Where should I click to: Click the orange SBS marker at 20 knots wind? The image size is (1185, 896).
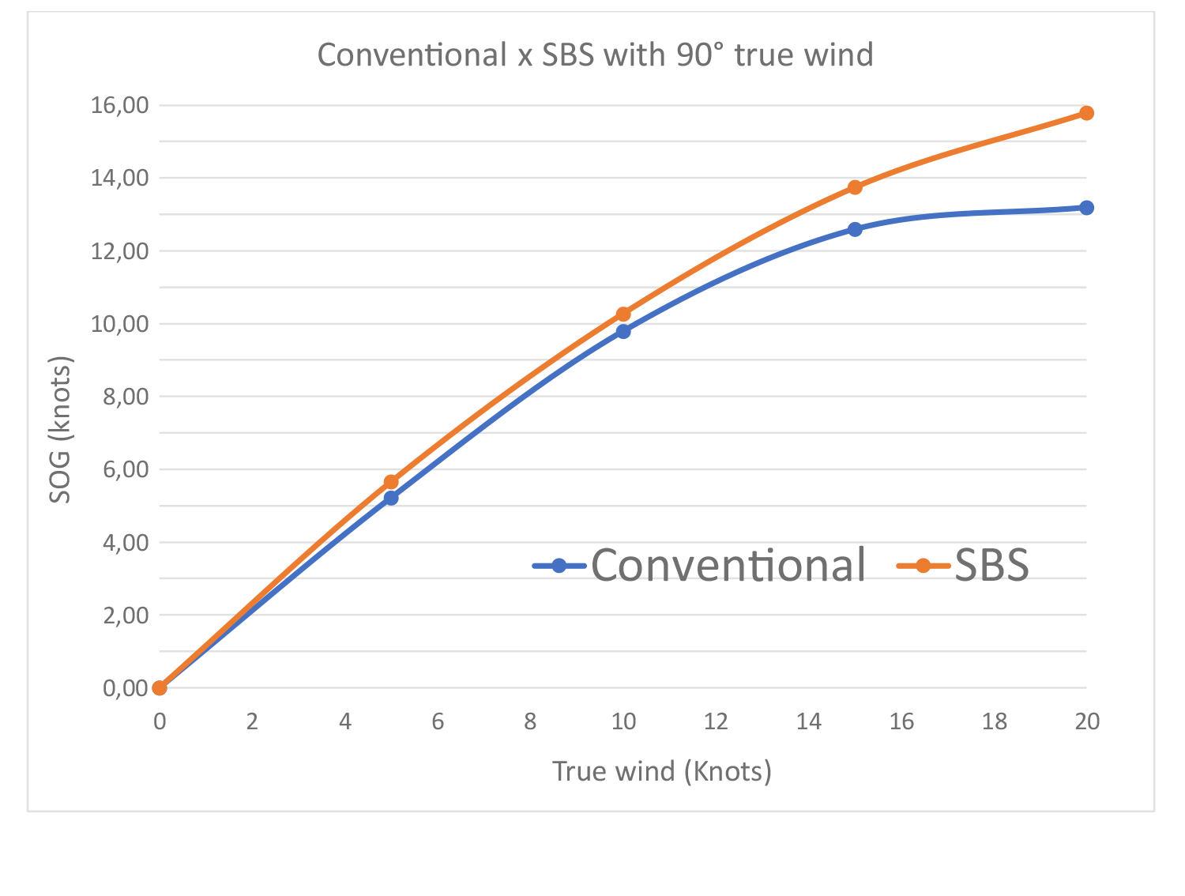click(x=1086, y=113)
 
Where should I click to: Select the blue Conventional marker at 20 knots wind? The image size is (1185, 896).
click(x=1086, y=208)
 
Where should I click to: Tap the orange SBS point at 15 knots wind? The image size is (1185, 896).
click(x=855, y=187)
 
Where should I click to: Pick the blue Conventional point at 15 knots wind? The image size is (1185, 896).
click(x=855, y=229)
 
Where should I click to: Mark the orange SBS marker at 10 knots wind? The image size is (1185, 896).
click(x=623, y=314)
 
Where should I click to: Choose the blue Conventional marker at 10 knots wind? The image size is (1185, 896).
click(x=623, y=331)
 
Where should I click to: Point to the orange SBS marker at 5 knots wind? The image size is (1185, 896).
click(x=391, y=482)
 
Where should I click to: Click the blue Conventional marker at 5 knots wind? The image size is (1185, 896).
click(x=391, y=498)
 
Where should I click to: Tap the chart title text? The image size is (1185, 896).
click(x=595, y=55)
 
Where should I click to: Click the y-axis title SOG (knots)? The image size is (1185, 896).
click(x=61, y=429)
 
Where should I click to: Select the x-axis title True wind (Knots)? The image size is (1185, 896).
click(x=661, y=771)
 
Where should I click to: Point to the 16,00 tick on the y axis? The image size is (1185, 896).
click(x=120, y=105)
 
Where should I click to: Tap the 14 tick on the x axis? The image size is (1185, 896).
click(x=808, y=721)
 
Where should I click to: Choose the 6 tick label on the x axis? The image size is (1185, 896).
click(x=438, y=721)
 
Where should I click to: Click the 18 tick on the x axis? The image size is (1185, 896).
click(x=994, y=721)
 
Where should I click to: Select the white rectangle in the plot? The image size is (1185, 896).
click(x=435, y=269)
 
